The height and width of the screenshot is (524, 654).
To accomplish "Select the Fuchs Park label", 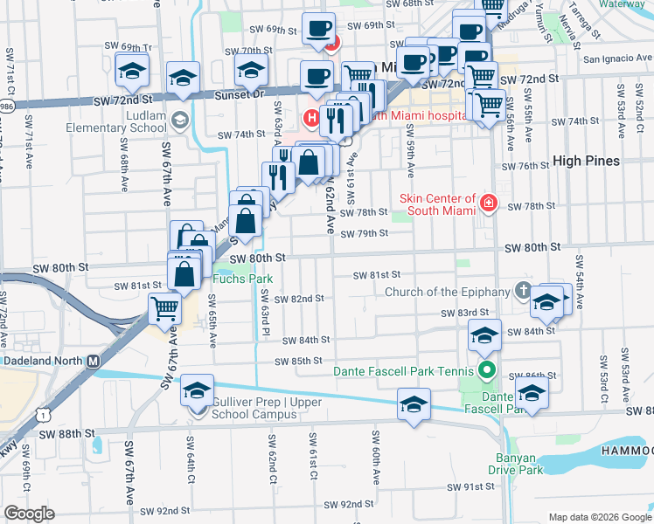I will coord(243,279).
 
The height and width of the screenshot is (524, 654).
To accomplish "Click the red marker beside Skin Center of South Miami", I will coord(488,204).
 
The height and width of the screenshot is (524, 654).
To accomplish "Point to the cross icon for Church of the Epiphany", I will coord(523,292).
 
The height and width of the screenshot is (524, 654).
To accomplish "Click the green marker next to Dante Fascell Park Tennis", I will coord(488,369).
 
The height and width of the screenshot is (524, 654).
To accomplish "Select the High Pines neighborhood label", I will coord(587,161).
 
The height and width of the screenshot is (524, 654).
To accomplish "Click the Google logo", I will coord(29,514).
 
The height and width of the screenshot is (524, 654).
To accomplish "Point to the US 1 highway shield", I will coord(44,417).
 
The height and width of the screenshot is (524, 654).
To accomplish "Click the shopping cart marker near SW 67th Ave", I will coord(165,307).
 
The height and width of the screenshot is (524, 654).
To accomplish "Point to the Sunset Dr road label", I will coord(246,93).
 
